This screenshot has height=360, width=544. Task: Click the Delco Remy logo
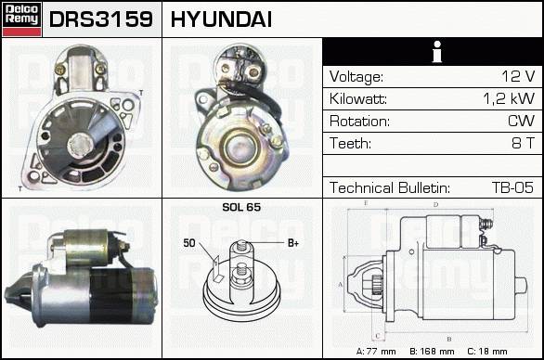[21, 19]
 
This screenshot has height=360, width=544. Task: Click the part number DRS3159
[101, 19]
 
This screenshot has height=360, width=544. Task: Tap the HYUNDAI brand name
[221, 19]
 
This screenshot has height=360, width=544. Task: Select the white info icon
[437, 52]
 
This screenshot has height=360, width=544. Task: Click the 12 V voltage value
[518, 76]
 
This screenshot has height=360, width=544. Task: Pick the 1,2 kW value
[509, 99]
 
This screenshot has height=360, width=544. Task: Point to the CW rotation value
[521, 121]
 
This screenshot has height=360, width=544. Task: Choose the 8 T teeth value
[524, 143]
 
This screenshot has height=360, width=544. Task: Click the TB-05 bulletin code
[512, 187]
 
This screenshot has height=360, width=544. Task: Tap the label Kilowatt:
[358, 99]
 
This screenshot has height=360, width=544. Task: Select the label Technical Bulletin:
[390, 187]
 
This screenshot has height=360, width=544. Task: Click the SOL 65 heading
[241, 207]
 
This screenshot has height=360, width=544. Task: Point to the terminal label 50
[189, 243]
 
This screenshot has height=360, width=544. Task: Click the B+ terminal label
[293, 243]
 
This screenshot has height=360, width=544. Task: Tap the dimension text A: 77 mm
[376, 352]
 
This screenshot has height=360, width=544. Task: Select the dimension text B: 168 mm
[432, 352]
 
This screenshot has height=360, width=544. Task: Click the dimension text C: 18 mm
[487, 352]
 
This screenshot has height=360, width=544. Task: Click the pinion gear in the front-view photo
[80, 145]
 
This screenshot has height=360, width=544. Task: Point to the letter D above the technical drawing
[435, 205]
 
